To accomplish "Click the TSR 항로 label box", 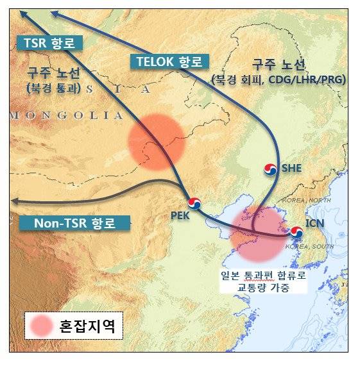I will (49, 43).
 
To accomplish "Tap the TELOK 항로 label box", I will (169, 62).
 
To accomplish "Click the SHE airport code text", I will (293, 168).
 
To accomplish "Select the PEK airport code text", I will (180, 216).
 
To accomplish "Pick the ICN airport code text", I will (318, 224).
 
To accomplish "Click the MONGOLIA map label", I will (66, 115).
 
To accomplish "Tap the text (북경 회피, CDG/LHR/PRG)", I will (278, 79).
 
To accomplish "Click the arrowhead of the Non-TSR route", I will (14, 201).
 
